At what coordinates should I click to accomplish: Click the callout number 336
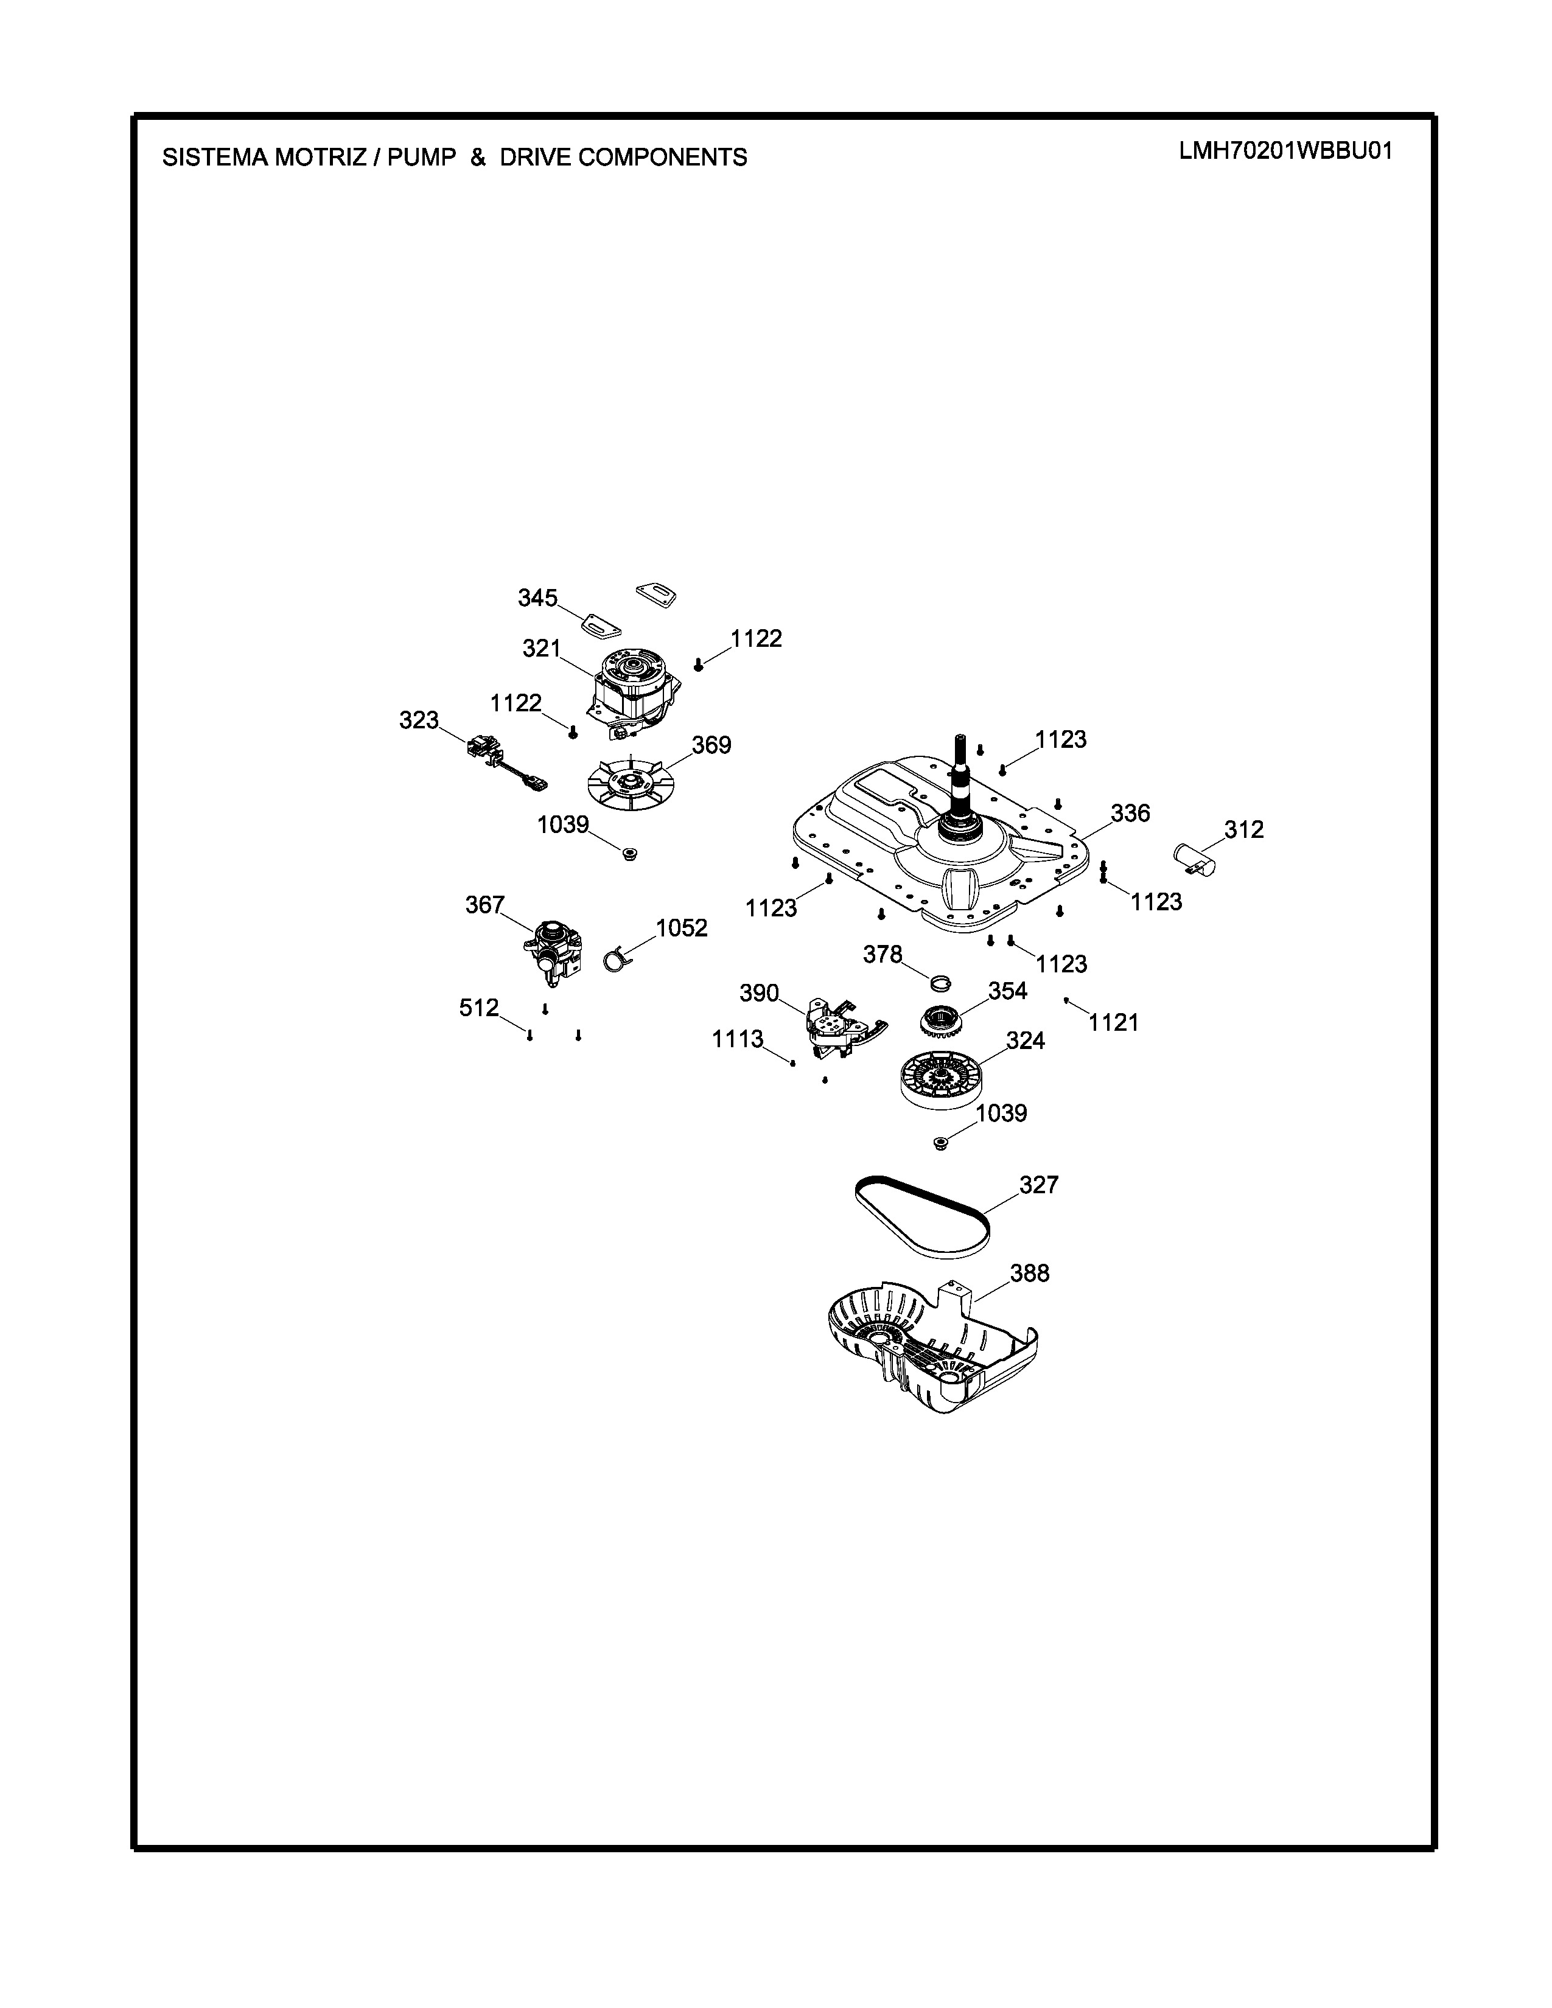(1130, 813)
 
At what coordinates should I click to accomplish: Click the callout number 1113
(738, 1039)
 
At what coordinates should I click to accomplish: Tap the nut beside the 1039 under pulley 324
(940, 1143)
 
